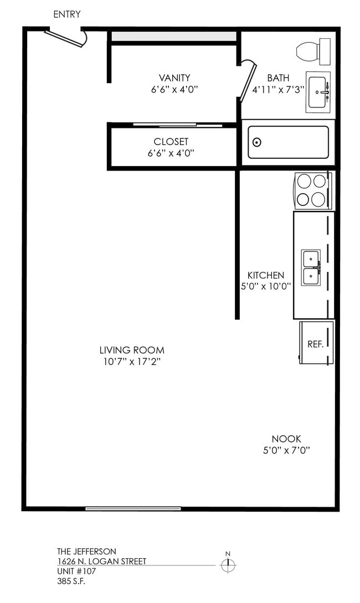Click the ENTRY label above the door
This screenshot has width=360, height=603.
click(x=66, y=14)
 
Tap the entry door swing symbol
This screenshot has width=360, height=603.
click(x=65, y=38)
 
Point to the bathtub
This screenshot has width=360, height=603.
click(x=288, y=142)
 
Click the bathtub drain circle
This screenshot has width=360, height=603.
click(x=258, y=142)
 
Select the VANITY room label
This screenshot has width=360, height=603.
click(x=174, y=78)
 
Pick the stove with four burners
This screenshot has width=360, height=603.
click(x=311, y=190)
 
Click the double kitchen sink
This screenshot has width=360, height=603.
click(x=311, y=267)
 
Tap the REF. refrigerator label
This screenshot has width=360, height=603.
click(x=315, y=344)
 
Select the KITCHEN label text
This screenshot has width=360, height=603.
click(x=266, y=275)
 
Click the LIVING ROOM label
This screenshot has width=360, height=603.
click(x=132, y=350)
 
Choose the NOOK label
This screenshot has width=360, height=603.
click(x=286, y=439)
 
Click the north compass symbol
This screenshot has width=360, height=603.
click(x=228, y=565)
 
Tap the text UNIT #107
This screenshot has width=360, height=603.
click(x=75, y=571)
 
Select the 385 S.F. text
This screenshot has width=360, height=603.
click(x=71, y=581)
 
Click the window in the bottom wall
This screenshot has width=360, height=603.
click(x=133, y=508)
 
